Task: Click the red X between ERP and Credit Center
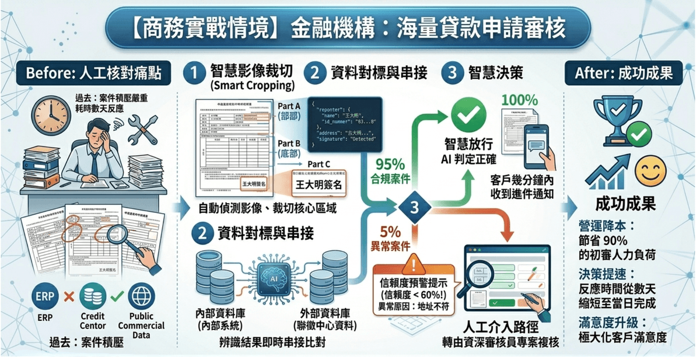pos(68,296)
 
